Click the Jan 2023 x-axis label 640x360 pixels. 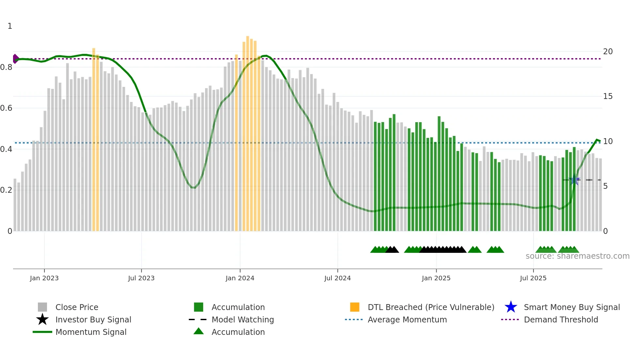click(44, 278)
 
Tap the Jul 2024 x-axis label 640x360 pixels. click(337, 278)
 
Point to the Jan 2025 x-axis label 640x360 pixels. click(436, 278)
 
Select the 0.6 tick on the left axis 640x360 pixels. click(6, 108)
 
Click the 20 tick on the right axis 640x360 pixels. click(608, 52)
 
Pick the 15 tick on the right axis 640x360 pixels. click(608, 96)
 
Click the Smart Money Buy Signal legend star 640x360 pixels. click(511, 307)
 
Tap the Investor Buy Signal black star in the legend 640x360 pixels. click(42, 319)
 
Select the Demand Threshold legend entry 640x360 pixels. click(561, 319)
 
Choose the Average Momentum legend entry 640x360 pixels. click(407, 319)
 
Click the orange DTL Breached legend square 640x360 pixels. click(355, 307)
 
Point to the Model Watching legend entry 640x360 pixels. click(243, 319)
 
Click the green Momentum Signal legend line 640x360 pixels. click(42, 332)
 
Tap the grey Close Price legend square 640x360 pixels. click(42, 307)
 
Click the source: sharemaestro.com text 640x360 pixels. click(577, 256)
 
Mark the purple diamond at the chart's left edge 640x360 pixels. click(15, 59)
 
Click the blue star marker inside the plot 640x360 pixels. click(574, 180)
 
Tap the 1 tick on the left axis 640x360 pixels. click(10, 26)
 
